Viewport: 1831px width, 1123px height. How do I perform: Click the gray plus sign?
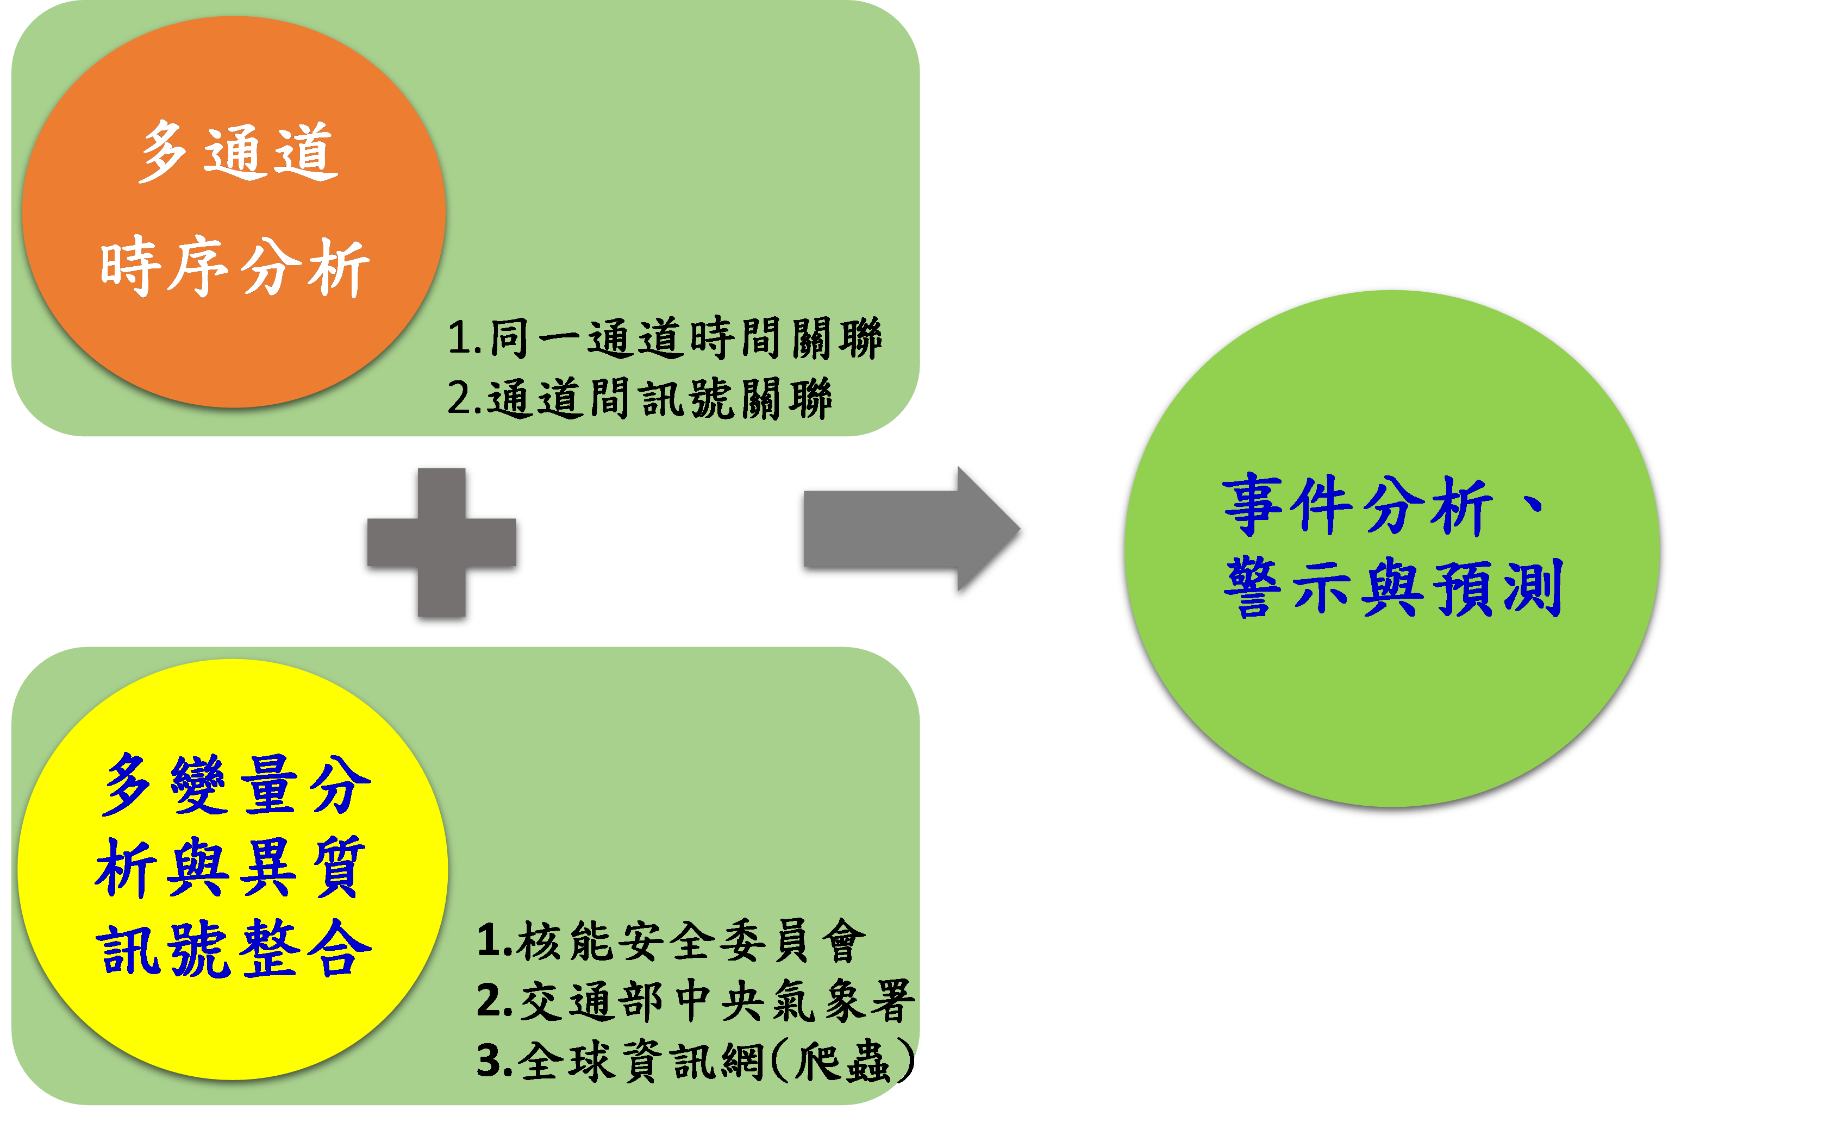(441, 542)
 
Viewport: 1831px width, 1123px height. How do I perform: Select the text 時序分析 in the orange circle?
(234, 267)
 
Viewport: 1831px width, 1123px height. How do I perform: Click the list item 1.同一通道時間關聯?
(664, 338)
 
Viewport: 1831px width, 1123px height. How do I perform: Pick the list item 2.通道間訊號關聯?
(639, 398)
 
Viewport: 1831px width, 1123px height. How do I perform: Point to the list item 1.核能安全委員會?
(671, 941)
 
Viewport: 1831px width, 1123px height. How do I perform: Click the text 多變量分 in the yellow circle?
(236, 785)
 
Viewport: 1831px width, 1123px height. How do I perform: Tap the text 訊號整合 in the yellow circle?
(234, 949)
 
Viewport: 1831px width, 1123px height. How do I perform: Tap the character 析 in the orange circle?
(339, 269)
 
